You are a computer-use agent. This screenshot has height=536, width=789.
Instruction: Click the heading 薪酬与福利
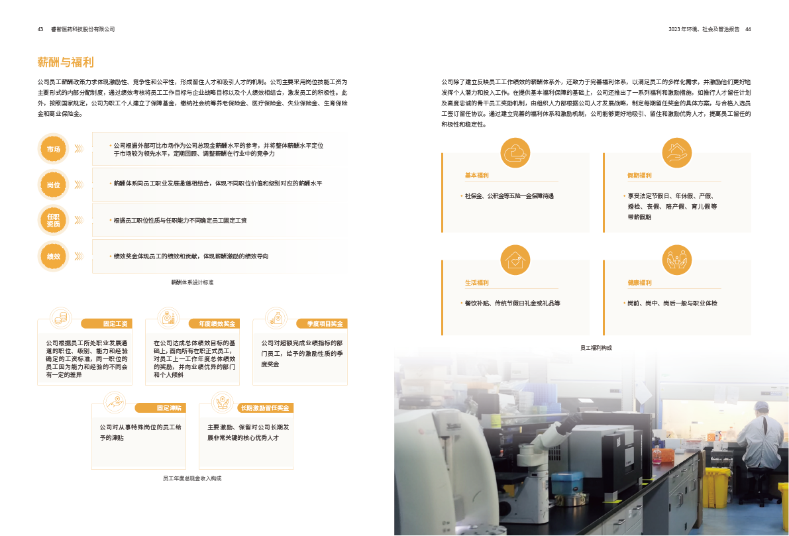(66, 63)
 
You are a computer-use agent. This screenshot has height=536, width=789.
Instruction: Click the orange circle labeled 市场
(54, 150)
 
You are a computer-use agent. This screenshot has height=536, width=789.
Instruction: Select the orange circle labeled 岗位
(54, 185)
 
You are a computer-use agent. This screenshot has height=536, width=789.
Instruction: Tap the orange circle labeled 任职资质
(54, 221)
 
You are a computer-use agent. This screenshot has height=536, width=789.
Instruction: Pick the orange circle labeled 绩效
(54, 256)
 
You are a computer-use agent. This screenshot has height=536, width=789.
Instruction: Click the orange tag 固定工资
(115, 324)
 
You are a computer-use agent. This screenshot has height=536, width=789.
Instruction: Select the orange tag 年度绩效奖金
(213, 324)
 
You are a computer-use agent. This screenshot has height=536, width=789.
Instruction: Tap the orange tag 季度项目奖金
(325, 324)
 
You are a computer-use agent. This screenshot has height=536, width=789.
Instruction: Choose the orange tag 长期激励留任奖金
(264, 408)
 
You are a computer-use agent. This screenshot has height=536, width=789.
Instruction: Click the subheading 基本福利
(476, 176)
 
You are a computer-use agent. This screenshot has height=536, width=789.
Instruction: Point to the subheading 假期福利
(639, 176)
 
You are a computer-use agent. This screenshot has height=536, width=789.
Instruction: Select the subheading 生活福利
(476, 283)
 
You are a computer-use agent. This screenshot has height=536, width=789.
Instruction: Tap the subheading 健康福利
(639, 283)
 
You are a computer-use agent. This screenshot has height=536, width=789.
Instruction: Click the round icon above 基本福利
(515, 152)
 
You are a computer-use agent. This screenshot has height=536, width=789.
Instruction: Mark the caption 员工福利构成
(596, 347)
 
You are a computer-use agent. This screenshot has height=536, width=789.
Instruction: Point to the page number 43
(40, 29)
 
